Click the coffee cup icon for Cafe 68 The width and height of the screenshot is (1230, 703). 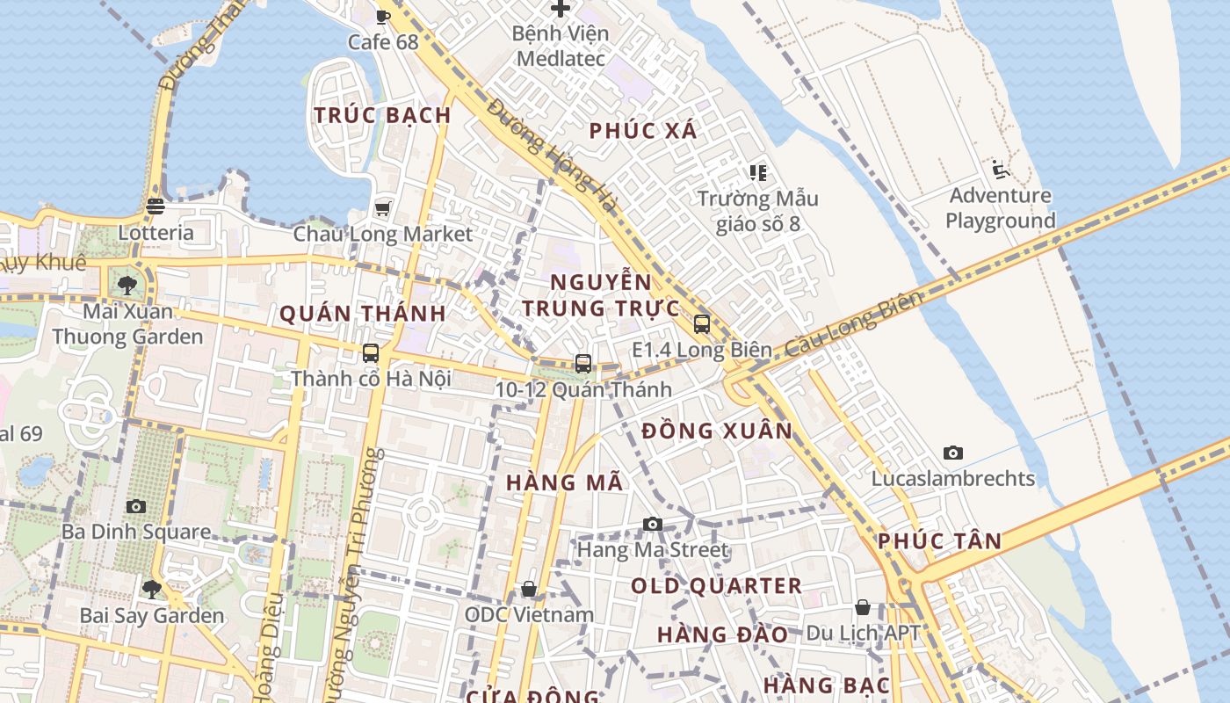[x=382, y=16]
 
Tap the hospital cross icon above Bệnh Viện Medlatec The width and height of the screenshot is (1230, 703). [x=561, y=9]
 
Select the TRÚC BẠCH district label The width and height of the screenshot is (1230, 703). [x=382, y=115]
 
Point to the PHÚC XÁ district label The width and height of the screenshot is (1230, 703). [x=643, y=131]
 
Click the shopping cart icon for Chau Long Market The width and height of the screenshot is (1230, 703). [x=382, y=208]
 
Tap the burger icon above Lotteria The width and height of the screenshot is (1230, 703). [x=156, y=207]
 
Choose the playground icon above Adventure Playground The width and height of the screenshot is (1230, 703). [x=1000, y=169]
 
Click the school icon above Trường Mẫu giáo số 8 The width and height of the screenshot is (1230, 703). [x=757, y=172]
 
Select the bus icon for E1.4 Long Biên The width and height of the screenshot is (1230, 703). [x=701, y=323]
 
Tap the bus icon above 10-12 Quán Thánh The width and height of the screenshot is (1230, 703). [x=582, y=363]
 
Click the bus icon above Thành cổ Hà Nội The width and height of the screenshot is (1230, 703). [x=371, y=353]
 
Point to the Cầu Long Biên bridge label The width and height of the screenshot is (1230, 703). [x=854, y=323]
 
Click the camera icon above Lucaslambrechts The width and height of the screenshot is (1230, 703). [x=953, y=453]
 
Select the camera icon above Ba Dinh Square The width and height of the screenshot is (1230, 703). [x=135, y=506]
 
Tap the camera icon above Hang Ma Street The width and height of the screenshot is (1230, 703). [x=652, y=524]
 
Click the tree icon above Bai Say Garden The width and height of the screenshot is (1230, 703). [x=152, y=589]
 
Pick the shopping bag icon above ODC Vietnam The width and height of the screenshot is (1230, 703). [x=529, y=589]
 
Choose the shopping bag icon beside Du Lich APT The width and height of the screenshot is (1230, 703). [x=863, y=607]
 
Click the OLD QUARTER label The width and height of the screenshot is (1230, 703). [x=716, y=586]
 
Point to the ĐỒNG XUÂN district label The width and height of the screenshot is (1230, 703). [x=717, y=431]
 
